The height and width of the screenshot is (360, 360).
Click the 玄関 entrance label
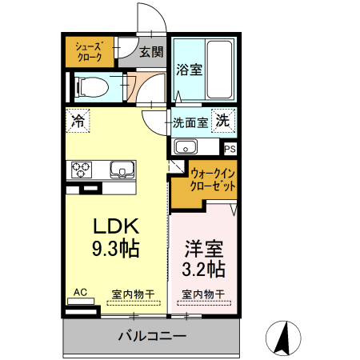pos(150,53)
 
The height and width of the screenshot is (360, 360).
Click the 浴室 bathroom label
pos(189,69)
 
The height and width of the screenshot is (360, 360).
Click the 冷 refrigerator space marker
pos(78,121)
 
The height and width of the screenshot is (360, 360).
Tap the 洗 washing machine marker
pos(225,122)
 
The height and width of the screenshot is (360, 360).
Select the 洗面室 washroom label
pos(190,122)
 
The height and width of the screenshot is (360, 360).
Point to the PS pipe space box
pos(230,148)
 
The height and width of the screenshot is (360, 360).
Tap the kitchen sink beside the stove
pos(122,170)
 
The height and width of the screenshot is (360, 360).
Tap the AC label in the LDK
pos(80,293)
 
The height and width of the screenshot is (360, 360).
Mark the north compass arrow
pos(282,337)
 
